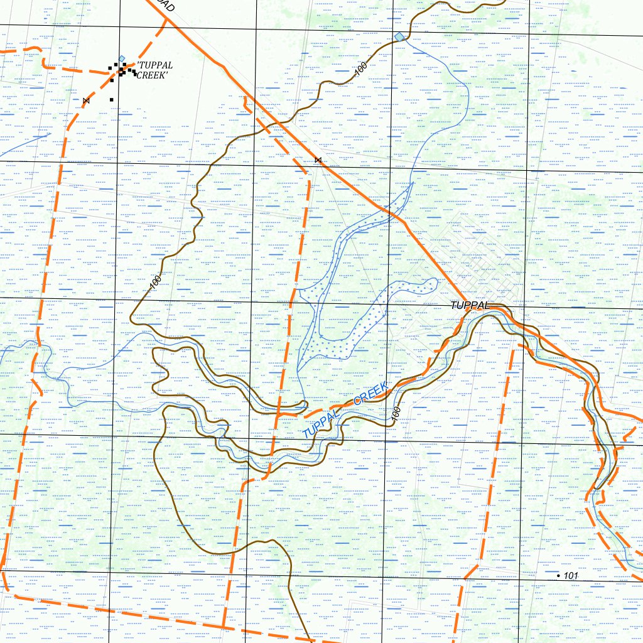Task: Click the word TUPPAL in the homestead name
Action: (154, 65)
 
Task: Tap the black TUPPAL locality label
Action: (470, 305)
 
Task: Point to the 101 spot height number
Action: (571, 576)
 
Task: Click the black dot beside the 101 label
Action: (559, 576)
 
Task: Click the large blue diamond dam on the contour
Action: (400, 37)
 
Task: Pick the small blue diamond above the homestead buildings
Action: (122, 58)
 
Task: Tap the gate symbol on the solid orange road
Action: (318, 161)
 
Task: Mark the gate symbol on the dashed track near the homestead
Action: (86, 100)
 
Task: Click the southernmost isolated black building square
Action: (112, 99)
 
